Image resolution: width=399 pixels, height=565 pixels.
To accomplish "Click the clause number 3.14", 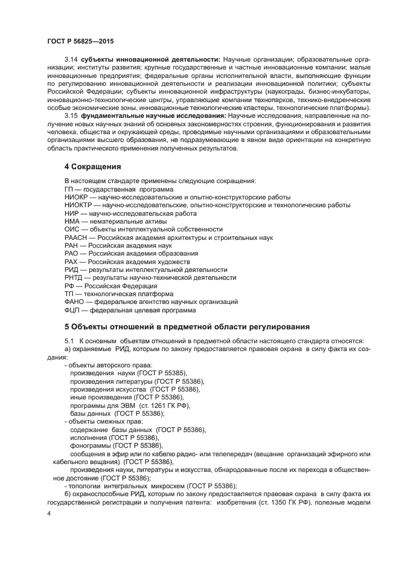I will click(71, 61).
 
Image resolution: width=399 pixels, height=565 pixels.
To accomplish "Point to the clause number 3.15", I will click(71, 115).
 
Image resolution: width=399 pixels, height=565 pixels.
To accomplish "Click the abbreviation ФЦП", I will click(73, 311).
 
